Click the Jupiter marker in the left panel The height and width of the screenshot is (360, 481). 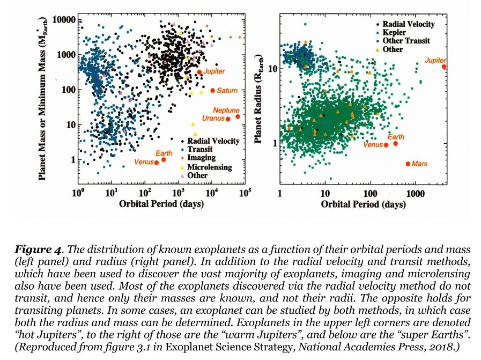(199, 72)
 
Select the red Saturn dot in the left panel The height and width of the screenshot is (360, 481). (212, 91)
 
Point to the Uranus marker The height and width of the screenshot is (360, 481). (227, 119)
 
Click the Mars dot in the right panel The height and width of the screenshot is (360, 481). (408, 164)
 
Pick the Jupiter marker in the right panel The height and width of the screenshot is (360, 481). (444, 67)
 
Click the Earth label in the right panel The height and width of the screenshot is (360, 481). (396, 137)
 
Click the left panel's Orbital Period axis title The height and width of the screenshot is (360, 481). (160, 204)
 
